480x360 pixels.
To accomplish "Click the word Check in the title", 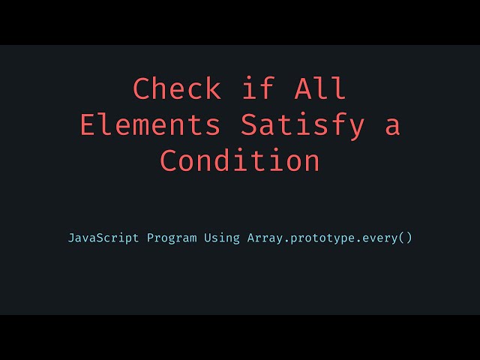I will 177,89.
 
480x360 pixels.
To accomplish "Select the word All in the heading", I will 320,89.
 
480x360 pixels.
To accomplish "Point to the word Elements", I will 151,125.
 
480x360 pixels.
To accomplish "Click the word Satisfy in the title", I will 302,125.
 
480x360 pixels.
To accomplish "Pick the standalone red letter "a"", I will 392,126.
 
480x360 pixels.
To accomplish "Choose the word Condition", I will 240,161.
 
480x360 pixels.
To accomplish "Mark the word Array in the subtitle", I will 265,238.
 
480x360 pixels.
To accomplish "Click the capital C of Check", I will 142,89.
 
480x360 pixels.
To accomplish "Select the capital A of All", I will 302,89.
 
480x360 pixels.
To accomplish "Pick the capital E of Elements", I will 89,125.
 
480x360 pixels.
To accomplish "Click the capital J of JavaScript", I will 72,238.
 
